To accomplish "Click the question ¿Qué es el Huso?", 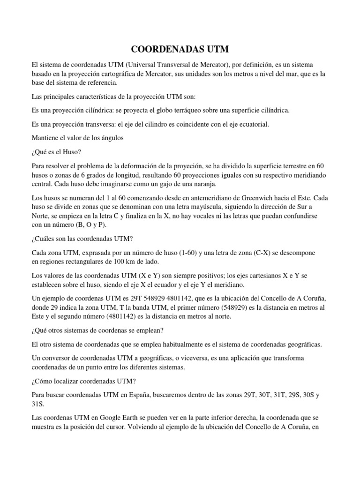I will [55, 151].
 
